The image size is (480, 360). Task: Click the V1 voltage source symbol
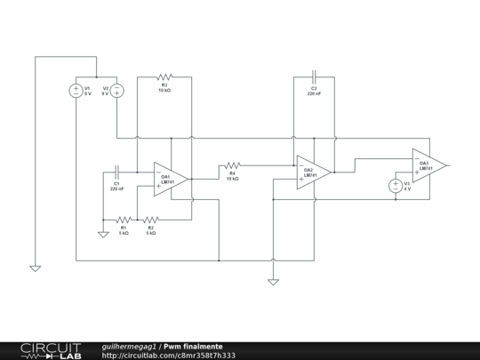(x=76, y=90)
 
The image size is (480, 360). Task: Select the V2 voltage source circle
(x=116, y=90)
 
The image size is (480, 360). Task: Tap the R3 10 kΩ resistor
(x=164, y=76)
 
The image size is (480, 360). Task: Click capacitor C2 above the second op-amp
(x=314, y=76)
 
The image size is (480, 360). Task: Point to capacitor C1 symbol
(x=117, y=171)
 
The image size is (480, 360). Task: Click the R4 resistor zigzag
(x=232, y=164)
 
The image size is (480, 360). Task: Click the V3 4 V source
(x=396, y=186)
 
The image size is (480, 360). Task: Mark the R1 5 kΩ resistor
(x=124, y=220)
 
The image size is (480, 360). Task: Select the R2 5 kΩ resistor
(x=150, y=220)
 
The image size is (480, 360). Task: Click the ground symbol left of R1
(x=103, y=235)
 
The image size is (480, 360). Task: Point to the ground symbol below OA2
(x=273, y=282)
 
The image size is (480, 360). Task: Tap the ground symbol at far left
(x=35, y=267)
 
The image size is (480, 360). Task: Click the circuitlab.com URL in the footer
(x=169, y=356)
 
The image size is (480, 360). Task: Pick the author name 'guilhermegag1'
(x=130, y=346)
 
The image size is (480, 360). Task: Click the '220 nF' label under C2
(x=314, y=93)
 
